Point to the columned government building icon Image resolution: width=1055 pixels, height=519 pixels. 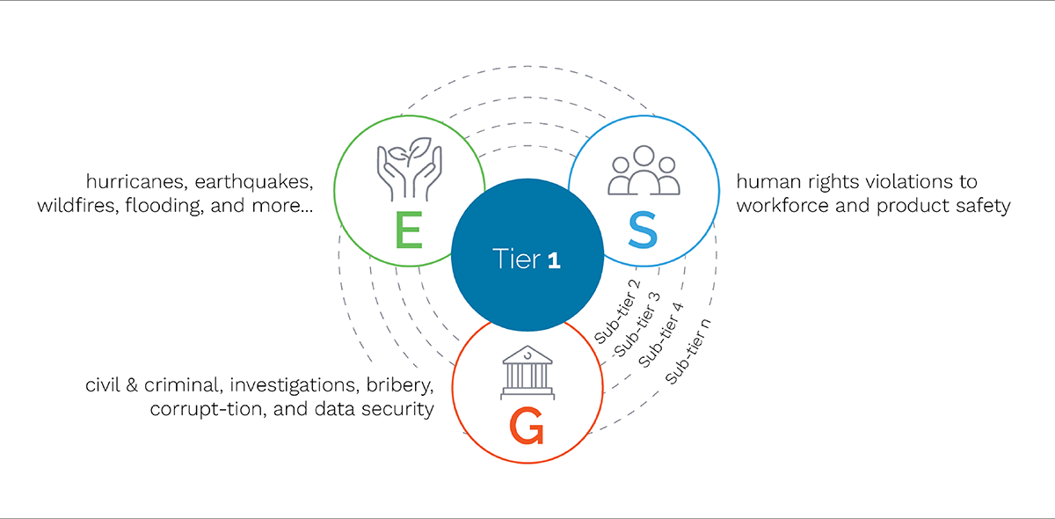(x=526, y=373)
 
